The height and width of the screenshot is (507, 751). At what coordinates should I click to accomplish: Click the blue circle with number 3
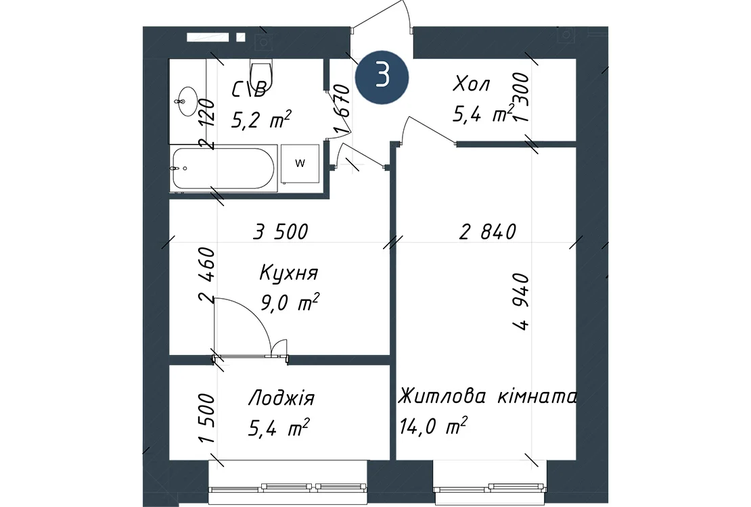[x=382, y=77]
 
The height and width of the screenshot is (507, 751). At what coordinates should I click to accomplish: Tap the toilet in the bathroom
[x=262, y=74]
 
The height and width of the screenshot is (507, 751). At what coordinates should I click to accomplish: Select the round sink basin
[x=187, y=101]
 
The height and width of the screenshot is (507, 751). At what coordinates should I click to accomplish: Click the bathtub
[x=224, y=168]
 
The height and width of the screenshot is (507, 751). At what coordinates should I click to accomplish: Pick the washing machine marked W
[x=300, y=164]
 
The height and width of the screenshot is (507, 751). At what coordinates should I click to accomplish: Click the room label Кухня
[x=289, y=273]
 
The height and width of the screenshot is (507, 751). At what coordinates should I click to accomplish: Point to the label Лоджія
[x=281, y=398]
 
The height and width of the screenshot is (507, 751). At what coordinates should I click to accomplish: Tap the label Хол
[x=472, y=84]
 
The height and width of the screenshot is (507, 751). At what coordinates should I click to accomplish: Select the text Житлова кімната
[x=488, y=397]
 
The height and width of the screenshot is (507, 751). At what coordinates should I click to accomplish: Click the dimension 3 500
[x=281, y=232]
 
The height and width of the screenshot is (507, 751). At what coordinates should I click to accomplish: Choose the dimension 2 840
[x=488, y=232]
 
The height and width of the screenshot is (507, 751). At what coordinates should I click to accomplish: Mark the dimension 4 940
[x=520, y=301]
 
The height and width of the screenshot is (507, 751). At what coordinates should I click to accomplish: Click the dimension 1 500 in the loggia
[x=206, y=418]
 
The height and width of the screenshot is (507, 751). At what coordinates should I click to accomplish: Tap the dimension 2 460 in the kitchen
[x=206, y=275]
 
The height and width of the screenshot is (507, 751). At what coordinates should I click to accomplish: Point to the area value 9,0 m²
[x=290, y=303]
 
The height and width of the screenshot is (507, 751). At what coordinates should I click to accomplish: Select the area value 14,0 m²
[x=434, y=426]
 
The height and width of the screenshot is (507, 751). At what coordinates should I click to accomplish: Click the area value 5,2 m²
[x=261, y=119]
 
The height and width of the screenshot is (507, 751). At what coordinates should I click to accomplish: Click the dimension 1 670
[x=343, y=109]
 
